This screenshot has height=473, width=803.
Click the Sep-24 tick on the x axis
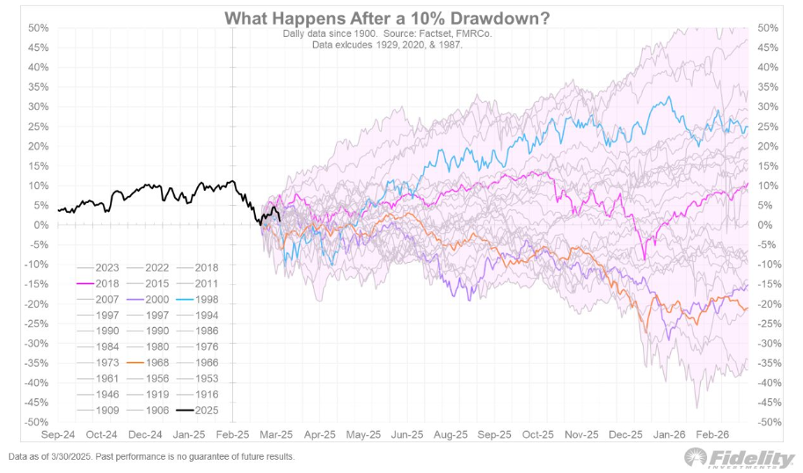(x=58, y=434)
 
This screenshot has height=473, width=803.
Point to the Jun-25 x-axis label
(x=406, y=434)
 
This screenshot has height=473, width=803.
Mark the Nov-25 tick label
(x=581, y=434)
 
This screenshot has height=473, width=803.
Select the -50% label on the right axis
(x=768, y=422)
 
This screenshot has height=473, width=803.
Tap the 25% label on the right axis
(x=768, y=127)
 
